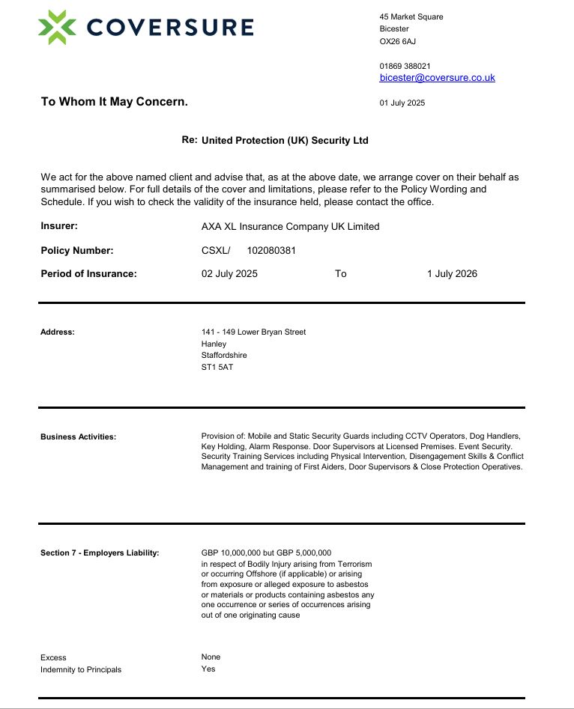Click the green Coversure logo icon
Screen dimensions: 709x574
click(57, 28)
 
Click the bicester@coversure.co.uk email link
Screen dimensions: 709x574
click(437, 78)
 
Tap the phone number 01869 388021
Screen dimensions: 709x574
click(405, 66)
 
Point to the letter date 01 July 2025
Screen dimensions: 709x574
click(402, 103)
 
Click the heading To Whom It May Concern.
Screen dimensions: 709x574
click(114, 102)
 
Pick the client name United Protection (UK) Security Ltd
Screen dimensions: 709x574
click(285, 141)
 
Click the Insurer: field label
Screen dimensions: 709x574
click(59, 226)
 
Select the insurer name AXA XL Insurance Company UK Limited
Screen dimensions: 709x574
click(290, 227)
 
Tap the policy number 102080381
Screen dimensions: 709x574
click(271, 251)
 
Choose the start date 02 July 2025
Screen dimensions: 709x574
click(229, 274)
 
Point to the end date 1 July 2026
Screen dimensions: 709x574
click(452, 274)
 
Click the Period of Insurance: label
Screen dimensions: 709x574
click(88, 274)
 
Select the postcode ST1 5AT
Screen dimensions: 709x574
click(217, 368)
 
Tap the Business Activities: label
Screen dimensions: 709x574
click(78, 436)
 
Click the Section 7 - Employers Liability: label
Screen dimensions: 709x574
click(100, 553)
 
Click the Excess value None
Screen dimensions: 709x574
click(211, 657)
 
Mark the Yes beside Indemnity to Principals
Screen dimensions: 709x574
click(208, 669)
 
